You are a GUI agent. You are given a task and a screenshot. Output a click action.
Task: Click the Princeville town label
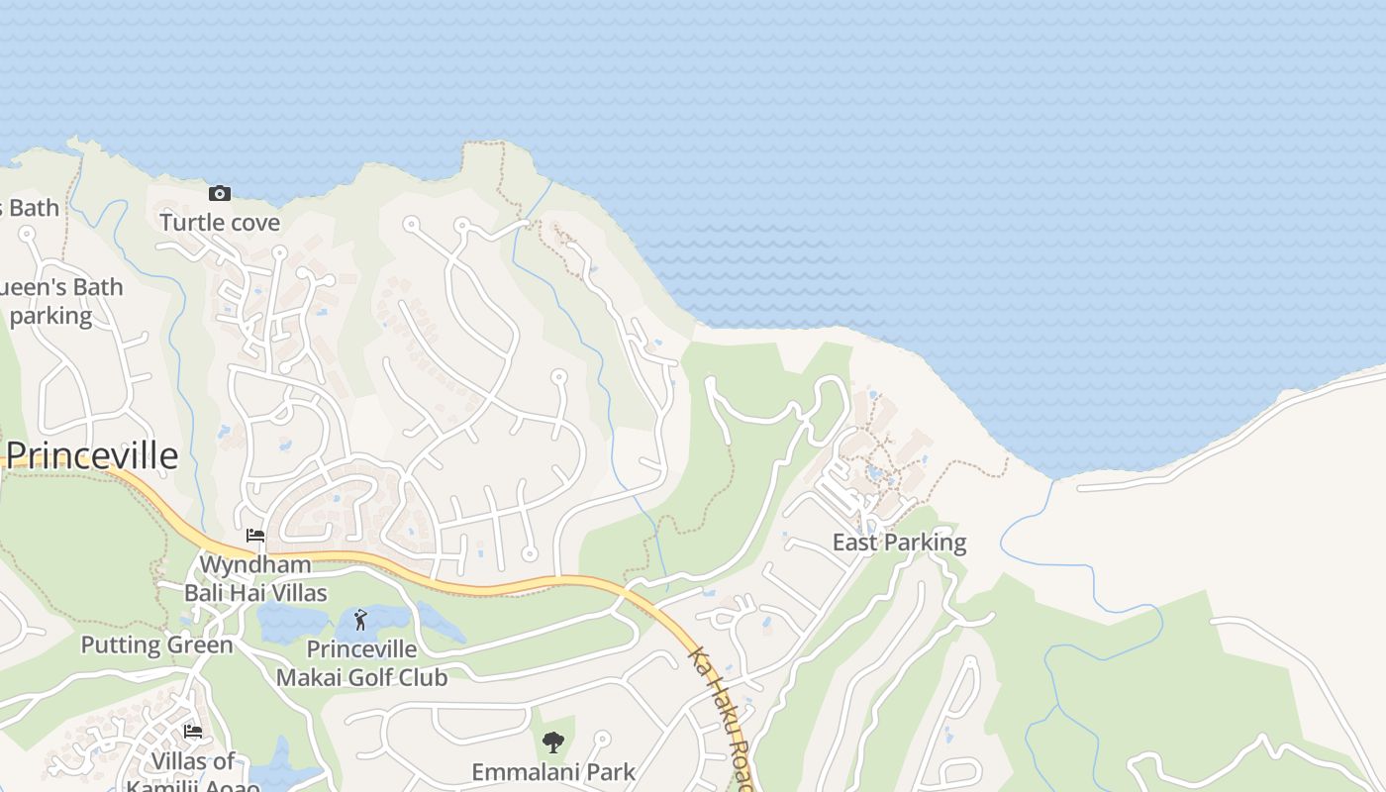(x=92, y=455)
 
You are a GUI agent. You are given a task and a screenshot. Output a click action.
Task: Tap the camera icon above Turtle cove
(x=220, y=193)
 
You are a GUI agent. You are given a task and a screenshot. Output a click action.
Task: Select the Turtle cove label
(x=220, y=222)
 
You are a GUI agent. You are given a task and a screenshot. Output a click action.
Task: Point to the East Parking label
(x=899, y=543)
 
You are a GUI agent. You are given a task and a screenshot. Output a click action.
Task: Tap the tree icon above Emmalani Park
(x=553, y=742)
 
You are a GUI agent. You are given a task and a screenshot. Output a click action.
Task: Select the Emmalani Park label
(x=553, y=772)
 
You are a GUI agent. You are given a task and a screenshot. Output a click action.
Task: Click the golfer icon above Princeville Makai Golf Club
(x=360, y=620)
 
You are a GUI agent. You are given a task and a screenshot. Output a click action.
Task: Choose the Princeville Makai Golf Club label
(x=361, y=663)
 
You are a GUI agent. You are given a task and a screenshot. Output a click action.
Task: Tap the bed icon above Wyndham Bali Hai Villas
(x=255, y=536)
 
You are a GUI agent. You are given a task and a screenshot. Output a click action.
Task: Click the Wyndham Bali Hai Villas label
(x=255, y=579)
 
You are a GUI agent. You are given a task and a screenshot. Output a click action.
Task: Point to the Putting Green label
(x=156, y=645)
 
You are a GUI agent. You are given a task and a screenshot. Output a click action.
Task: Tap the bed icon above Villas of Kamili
(x=193, y=732)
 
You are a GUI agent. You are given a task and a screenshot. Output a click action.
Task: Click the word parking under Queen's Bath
(x=50, y=316)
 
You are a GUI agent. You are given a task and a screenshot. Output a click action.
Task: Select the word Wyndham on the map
(x=255, y=565)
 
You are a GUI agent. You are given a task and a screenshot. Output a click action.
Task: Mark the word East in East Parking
(x=853, y=543)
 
